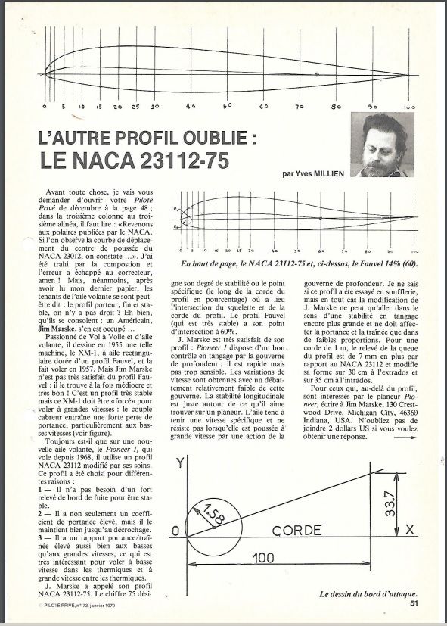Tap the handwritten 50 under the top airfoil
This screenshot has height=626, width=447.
(227, 106)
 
